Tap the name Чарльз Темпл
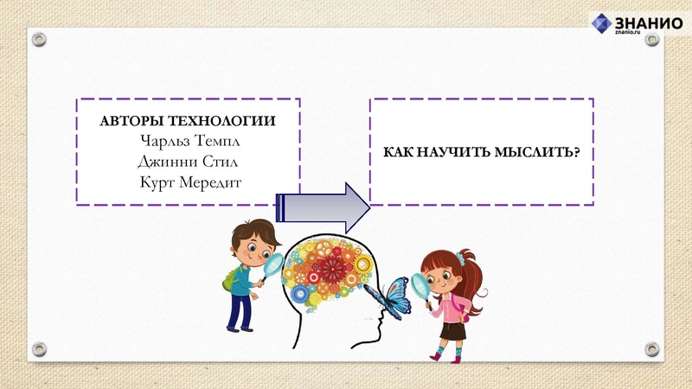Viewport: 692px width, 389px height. (x=188, y=141)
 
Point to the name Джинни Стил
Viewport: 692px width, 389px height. (x=188, y=161)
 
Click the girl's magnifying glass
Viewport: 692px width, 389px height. (x=421, y=284)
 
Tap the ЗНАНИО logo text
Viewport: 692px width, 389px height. (x=650, y=23)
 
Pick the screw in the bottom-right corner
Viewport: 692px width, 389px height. (x=651, y=349)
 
